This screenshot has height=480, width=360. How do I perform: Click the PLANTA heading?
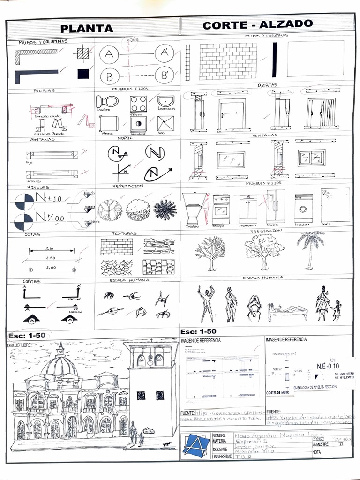[x=87, y=29]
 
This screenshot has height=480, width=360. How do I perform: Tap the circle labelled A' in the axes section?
[x=164, y=53]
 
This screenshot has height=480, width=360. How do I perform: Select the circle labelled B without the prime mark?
[x=109, y=75]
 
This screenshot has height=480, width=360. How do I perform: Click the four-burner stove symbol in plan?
[x=138, y=103]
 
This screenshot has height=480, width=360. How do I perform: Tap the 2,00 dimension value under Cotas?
[x=51, y=268]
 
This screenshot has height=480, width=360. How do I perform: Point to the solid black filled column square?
[x=83, y=74]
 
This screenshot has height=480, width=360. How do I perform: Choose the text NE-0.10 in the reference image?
[x=328, y=366]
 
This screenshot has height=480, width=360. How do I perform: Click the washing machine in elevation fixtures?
[x=304, y=208]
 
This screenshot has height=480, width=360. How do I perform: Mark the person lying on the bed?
[x=287, y=310]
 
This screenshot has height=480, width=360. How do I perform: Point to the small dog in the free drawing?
[x=165, y=443]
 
